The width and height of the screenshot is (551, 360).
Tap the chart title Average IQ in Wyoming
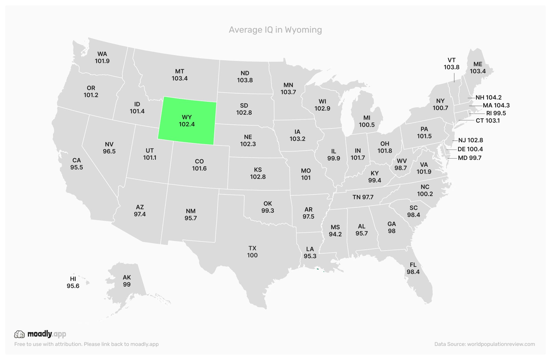275,30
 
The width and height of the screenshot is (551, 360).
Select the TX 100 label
252,252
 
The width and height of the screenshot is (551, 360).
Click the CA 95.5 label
77,164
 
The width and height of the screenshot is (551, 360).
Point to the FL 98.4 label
413,268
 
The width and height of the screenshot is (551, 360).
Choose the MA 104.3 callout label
496,105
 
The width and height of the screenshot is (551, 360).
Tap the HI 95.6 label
73,282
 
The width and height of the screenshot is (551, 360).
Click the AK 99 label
127,281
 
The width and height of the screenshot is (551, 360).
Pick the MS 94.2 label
335,231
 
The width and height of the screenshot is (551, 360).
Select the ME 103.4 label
477,68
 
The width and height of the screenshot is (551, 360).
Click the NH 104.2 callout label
488,97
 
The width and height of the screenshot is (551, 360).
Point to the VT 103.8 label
451,64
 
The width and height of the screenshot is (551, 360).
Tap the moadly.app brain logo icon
19,334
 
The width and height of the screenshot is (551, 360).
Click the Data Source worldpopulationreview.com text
484,344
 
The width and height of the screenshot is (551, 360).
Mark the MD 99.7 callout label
469,158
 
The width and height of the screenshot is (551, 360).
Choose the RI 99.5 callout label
496,113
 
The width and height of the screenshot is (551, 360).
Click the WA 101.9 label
102,57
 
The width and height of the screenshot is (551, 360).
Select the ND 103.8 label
245,76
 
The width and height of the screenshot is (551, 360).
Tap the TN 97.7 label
363,197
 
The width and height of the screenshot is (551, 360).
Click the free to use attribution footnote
86,344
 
